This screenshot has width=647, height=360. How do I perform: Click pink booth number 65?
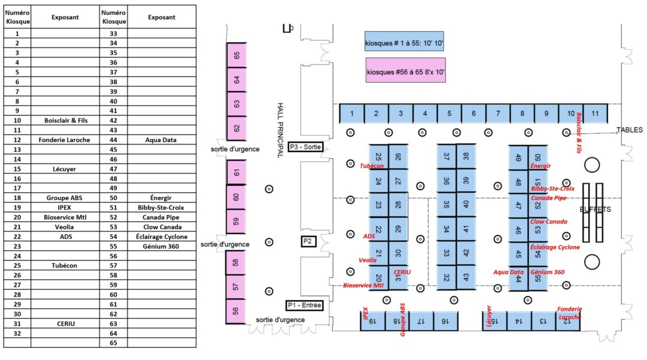tap(237, 55)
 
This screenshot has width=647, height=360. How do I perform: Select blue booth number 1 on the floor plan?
tap(352, 113)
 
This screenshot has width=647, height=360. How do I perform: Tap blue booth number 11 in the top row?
tap(595, 113)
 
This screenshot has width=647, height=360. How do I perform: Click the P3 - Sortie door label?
tap(306, 147)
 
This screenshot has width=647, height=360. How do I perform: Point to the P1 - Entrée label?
tap(304, 305)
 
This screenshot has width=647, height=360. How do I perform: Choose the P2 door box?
tap(308, 241)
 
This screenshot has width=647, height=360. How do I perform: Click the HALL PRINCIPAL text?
tap(280, 131)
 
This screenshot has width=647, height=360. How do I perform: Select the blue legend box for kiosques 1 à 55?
tap(404, 41)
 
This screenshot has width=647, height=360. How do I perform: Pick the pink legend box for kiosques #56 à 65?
tap(405, 70)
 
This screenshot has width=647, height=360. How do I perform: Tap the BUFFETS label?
tap(595, 210)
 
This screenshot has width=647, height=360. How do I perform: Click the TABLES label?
tap(629, 130)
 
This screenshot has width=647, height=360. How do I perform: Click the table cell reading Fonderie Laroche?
tap(65, 140)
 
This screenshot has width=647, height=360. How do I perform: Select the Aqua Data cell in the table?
tap(161, 140)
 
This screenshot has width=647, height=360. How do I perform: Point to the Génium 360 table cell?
tap(161, 246)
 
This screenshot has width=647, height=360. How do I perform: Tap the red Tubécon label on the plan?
tap(372, 166)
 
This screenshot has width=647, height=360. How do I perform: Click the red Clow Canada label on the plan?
tap(549, 222)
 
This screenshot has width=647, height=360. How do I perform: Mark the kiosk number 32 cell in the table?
tap(17, 333)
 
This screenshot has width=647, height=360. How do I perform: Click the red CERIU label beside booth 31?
tap(402, 272)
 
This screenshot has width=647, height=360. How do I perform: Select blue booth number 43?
tap(466, 277)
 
